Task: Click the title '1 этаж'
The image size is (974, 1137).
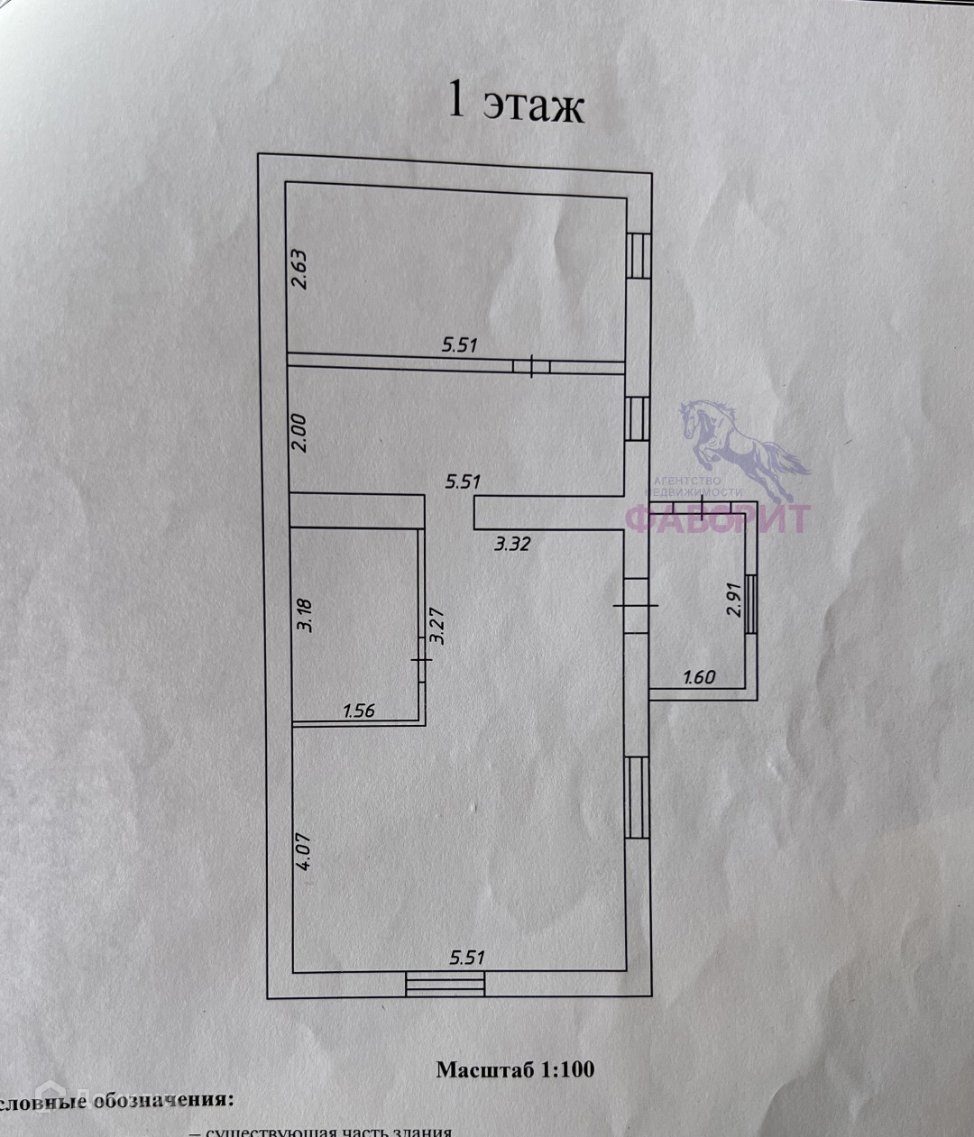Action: coord(517,104)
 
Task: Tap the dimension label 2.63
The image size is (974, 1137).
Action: coord(300,268)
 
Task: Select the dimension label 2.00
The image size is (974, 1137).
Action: coord(301,433)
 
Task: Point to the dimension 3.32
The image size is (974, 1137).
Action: coord(511,544)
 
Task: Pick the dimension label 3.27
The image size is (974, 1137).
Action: coord(438,624)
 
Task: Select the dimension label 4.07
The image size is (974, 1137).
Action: coord(305,851)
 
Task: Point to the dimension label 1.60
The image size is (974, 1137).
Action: coord(700,676)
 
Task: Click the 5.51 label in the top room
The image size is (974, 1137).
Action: coord(459,344)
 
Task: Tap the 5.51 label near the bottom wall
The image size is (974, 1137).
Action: coord(466,957)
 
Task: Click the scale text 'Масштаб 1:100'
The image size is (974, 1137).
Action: coord(515,1070)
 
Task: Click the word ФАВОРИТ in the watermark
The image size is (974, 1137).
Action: coord(718,518)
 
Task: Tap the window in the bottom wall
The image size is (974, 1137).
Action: coord(445,983)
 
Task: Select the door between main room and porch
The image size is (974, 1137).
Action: coord(637,605)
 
